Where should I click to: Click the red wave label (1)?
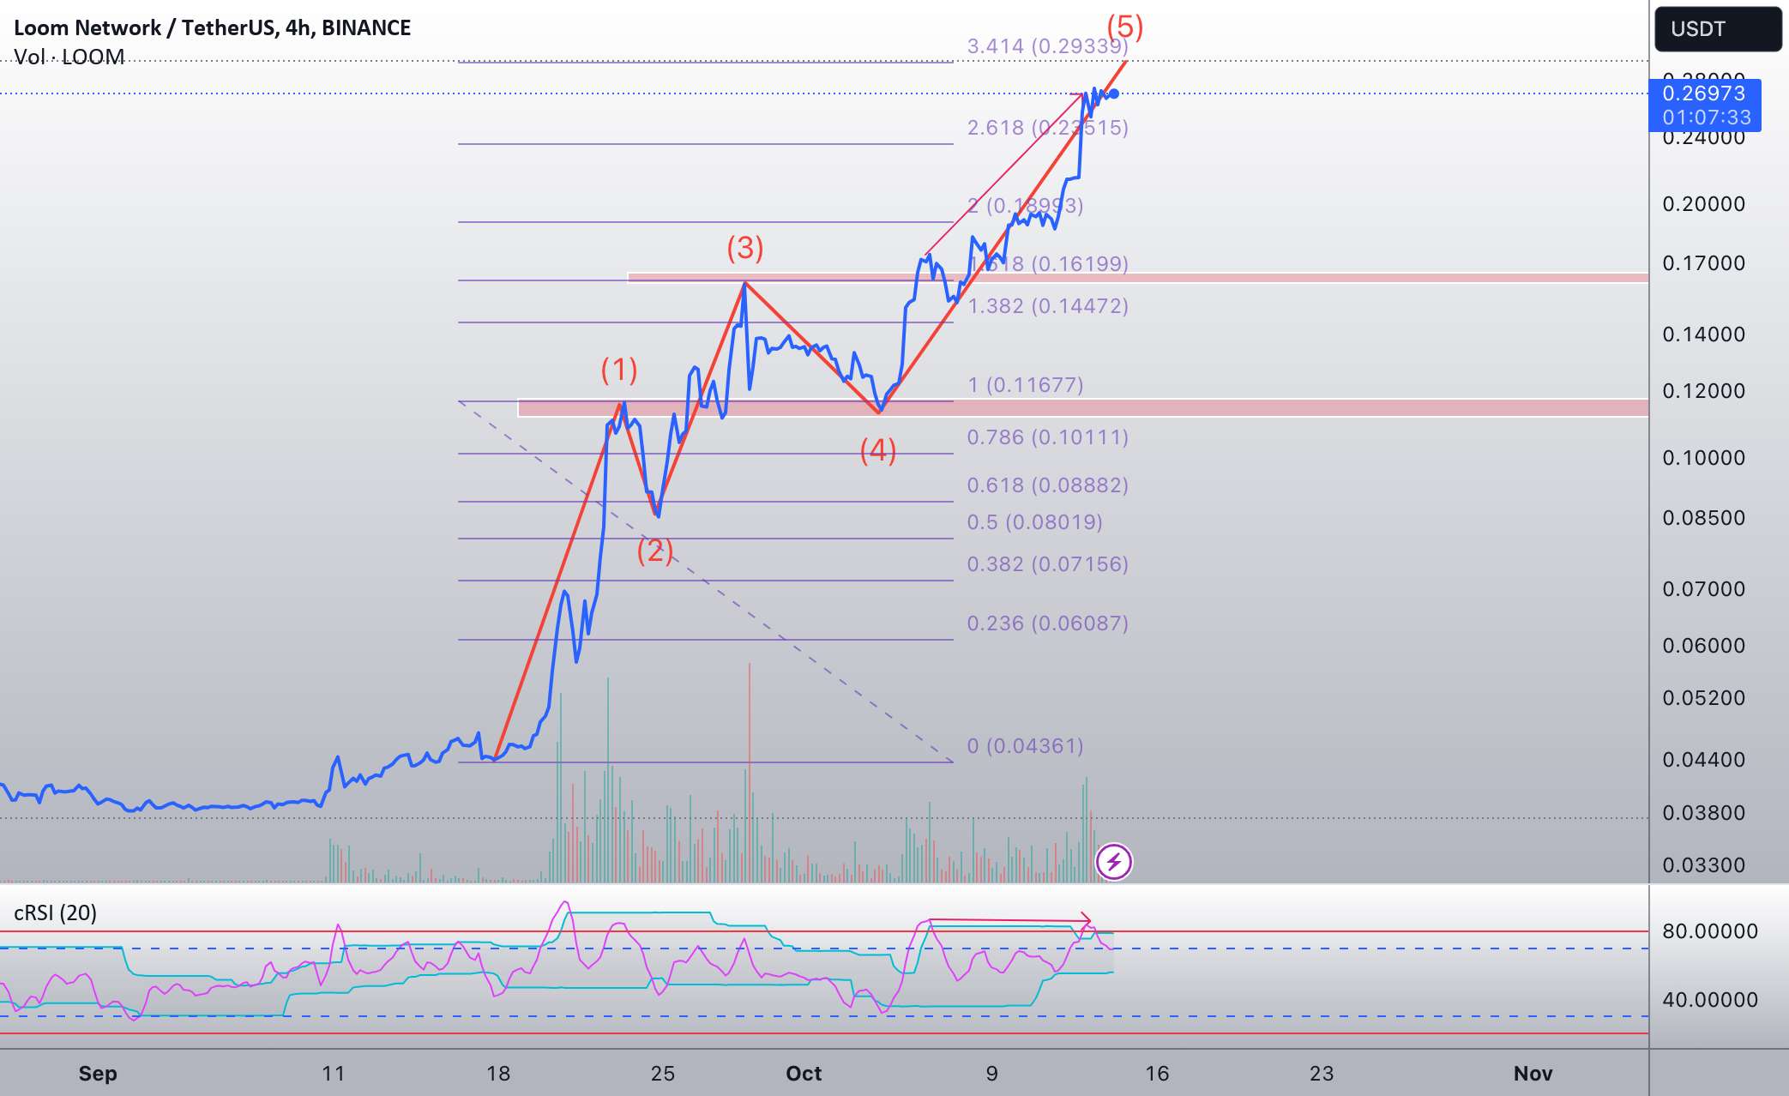(618, 370)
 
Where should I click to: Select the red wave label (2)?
(654, 551)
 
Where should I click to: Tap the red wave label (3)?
(744, 249)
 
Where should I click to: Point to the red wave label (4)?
(878, 450)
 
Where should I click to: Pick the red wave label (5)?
(1124, 27)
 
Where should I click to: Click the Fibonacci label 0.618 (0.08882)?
(1047, 485)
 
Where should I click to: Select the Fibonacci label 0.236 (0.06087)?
(1047, 623)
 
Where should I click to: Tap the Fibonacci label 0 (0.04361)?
(1025, 746)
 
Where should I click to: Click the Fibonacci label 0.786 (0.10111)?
(1047, 437)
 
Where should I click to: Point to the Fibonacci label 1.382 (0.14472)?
(1047, 306)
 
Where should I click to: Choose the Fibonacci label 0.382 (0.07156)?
(1047, 564)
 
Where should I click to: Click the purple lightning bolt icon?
(1114, 862)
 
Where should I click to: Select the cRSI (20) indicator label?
(56, 912)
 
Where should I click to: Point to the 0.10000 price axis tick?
(1703, 458)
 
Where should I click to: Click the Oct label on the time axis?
(804, 1074)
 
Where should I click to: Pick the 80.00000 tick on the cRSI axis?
(1709, 931)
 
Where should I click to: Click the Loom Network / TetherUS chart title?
(212, 27)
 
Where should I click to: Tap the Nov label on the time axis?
(1533, 1074)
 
